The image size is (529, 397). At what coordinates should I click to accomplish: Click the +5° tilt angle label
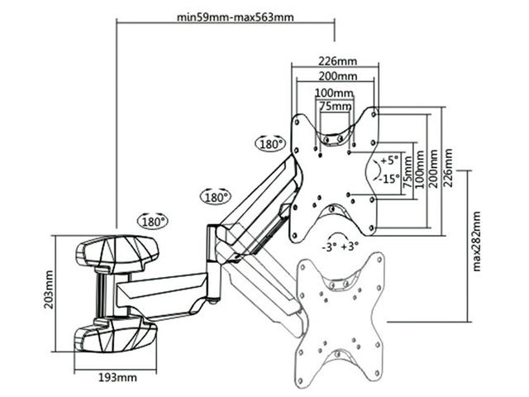388,159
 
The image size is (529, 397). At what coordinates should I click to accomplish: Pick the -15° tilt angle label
388,178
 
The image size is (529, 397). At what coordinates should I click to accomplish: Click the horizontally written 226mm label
336,60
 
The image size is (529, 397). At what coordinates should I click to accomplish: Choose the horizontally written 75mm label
335,107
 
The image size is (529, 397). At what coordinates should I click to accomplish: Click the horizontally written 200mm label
336,75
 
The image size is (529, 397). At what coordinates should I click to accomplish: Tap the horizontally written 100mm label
336,92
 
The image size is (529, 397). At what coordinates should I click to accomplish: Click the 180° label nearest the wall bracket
152,221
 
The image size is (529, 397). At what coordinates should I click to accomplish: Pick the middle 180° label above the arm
214,197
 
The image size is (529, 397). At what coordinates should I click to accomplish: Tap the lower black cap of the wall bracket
116,337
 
